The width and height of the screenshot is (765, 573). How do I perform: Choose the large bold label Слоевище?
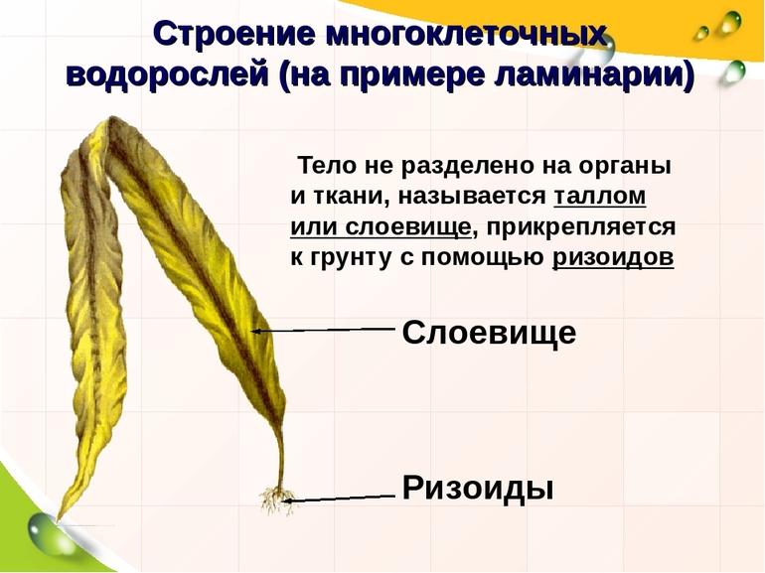point(489,333)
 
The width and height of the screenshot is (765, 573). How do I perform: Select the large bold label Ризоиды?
point(477,488)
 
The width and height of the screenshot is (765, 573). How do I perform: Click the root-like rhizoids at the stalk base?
point(273,498)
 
